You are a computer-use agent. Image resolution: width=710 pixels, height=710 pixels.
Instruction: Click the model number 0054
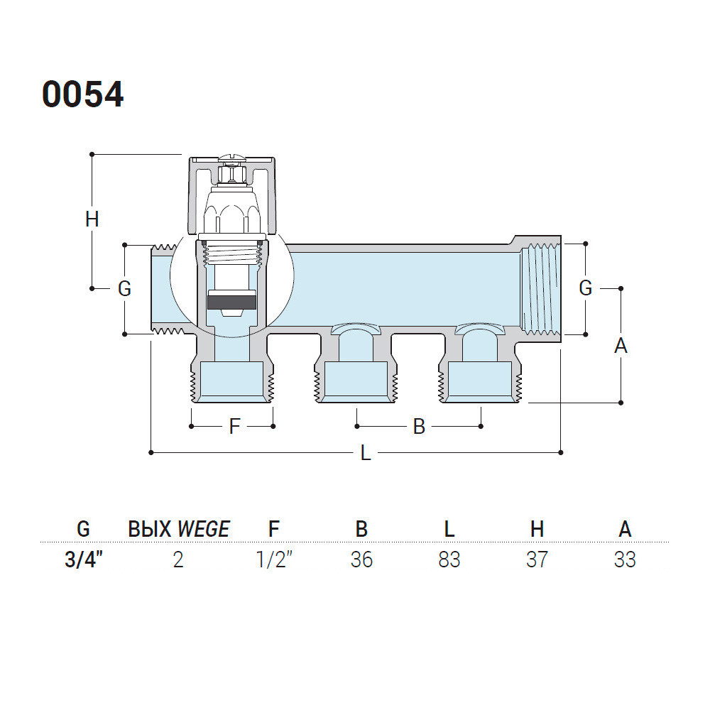pyautogui.click(x=83, y=94)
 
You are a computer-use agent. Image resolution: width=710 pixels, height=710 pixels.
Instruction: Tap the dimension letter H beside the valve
pyautogui.click(x=92, y=219)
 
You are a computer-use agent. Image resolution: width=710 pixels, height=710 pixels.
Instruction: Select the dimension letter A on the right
pyautogui.click(x=621, y=346)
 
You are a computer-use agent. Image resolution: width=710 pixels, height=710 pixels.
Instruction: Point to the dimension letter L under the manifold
pyautogui.click(x=366, y=452)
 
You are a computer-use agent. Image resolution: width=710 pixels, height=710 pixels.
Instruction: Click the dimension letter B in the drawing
pyautogui.click(x=419, y=426)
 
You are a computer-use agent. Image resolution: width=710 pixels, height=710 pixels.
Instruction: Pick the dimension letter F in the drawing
pyautogui.click(x=234, y=426)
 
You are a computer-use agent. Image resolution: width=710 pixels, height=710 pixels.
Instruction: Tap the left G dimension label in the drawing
pyautogui.click(x=124, y=288)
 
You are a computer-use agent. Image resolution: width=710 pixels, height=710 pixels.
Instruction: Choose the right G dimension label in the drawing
pyautogui.click(x=586, y=288)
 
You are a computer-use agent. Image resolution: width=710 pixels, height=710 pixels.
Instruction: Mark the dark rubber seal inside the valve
pyautogui.click(x=231, y=302)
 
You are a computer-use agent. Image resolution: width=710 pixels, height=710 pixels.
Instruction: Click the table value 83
pyautogui.click(x=449, y=559)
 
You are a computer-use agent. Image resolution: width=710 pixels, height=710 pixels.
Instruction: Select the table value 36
pyautogui.click(x=361, y=559)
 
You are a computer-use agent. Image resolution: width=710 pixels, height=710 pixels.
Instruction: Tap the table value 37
pyautogui.click(x=537, y=559)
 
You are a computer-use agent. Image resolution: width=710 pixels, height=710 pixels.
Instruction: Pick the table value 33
pyautogui.click(x=625, y=559)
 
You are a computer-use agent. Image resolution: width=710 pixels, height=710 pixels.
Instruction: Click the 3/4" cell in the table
pyautogui.click(x=84, y=559)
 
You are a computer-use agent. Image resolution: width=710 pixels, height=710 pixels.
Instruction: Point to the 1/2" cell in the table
pyautogui.click(x=274, y=559)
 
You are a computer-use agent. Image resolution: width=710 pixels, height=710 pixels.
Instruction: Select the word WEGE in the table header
pyautogui.click(x=204, y=529)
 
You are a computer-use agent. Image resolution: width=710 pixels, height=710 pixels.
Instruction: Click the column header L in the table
pyautogui.click(x=449, y=529)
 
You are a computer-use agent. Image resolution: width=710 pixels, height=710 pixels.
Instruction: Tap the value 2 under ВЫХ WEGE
pyautogui.click(x=178, y=559)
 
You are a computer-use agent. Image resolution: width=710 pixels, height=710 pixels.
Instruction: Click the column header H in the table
pyautogui.click(x=537, y=529)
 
